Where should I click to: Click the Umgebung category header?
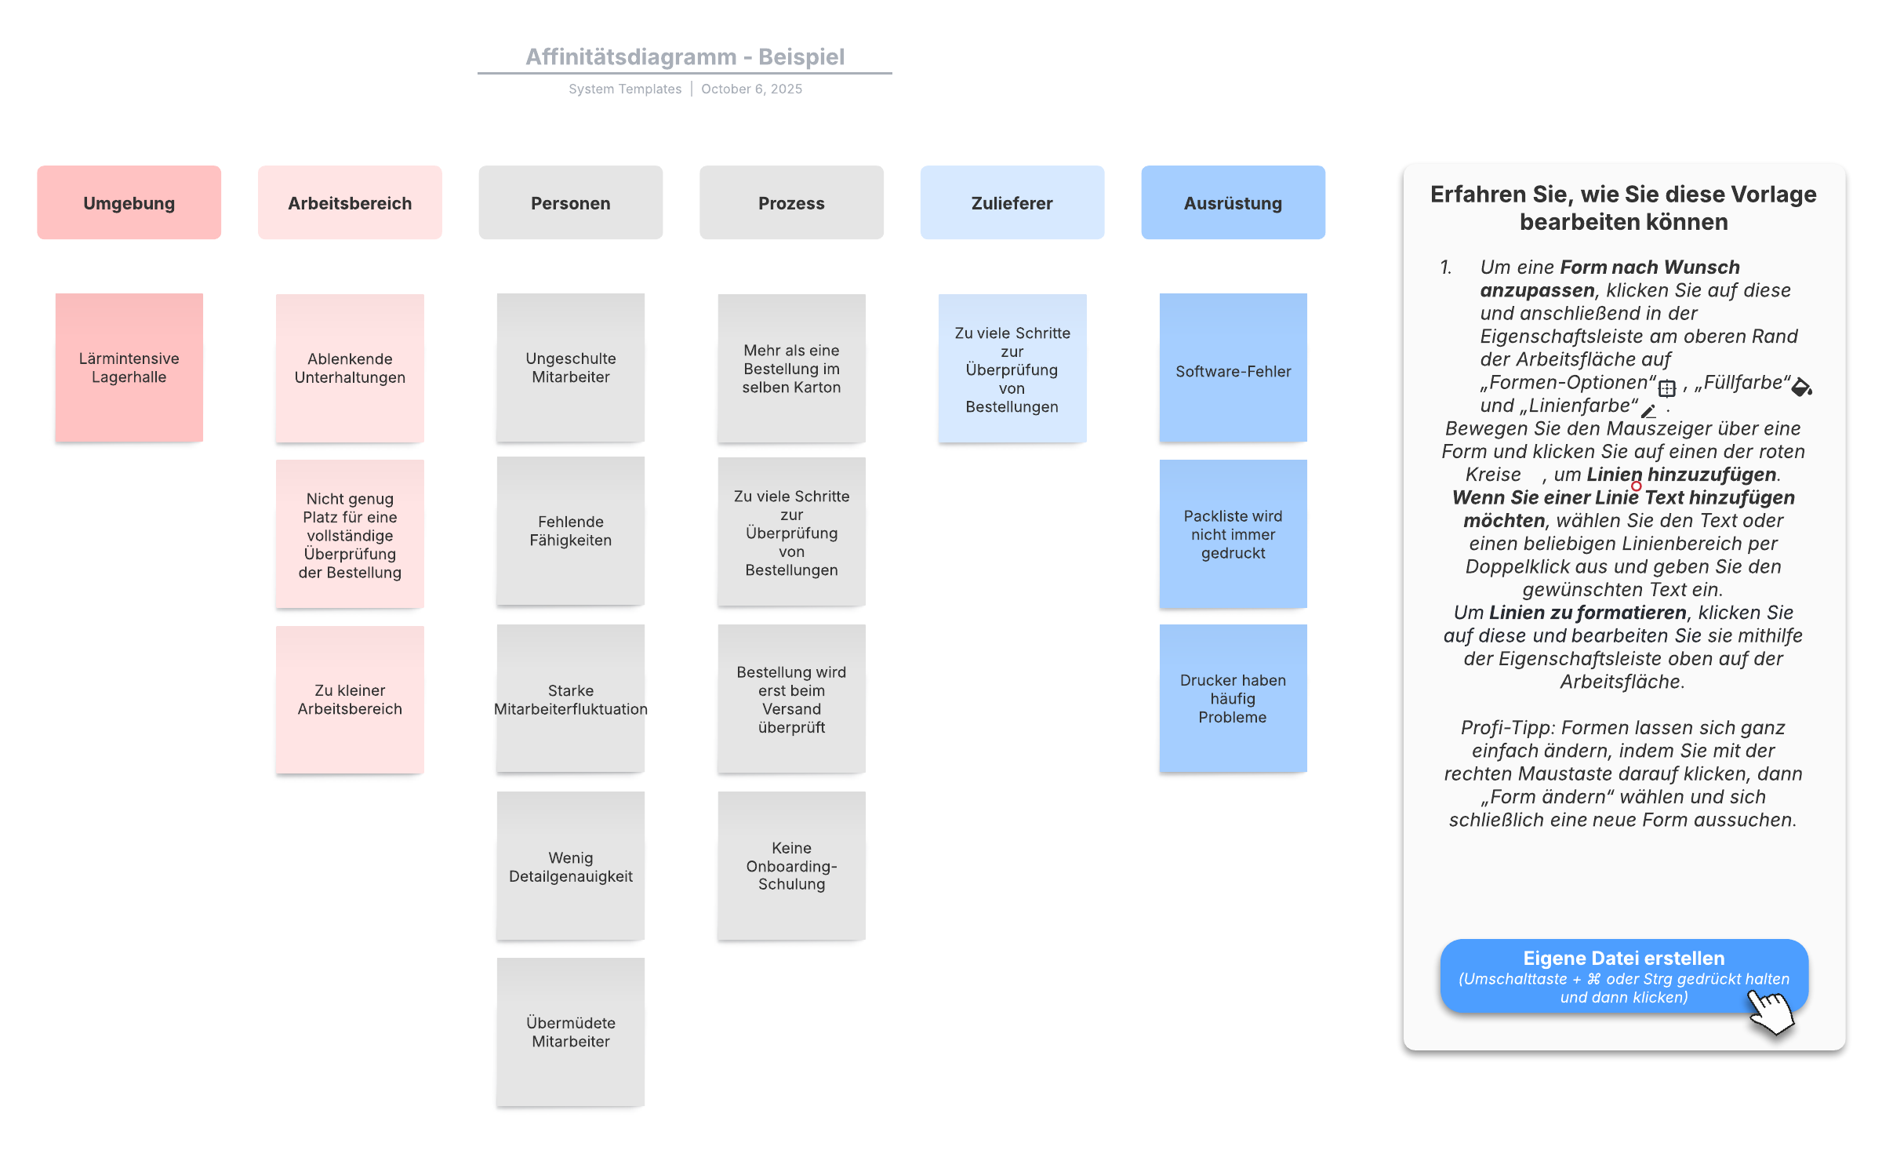pos(129,202)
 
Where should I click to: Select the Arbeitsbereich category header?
pos(350,202)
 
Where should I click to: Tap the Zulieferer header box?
pos(1012,202)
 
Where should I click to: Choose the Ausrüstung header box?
pos(1233,202)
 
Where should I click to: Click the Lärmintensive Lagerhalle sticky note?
pos(129,367)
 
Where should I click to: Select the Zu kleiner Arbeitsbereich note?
pos(350,699)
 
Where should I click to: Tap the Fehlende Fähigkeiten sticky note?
pos(570,530)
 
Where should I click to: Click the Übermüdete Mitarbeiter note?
pos(570,1032)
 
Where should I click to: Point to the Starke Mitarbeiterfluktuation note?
pos(570,699)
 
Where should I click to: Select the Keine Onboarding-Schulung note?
pos(791,865)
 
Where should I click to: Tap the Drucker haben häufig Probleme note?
pos(1233,698)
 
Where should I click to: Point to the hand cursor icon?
pos(1772,1012)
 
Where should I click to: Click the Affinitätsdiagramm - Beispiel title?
pos(685,56)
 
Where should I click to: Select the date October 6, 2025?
pos(751,89)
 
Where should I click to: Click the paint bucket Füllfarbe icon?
pos(1802,386)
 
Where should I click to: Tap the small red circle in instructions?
pos(1637,486)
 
